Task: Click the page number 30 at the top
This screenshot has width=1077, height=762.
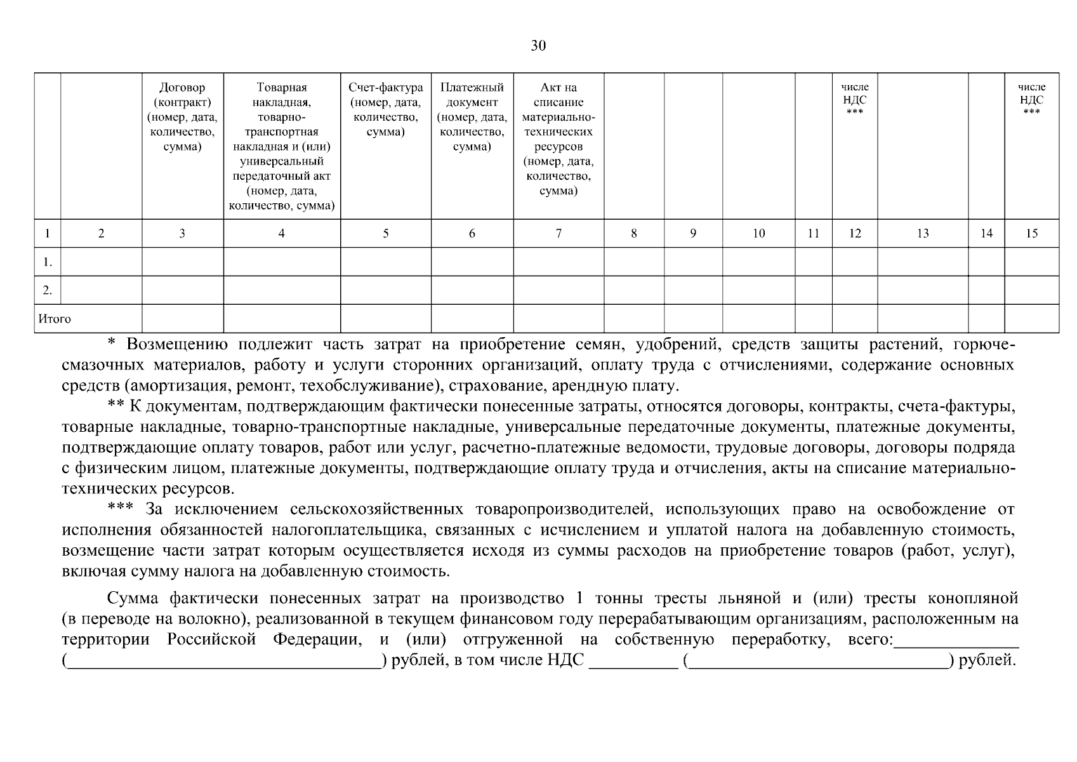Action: [x=538, y=46]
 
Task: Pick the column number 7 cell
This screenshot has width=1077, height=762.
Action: [x=558, y=234]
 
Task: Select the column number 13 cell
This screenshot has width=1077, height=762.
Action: [x=923, y=234]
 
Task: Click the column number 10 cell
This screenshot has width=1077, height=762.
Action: [x=758, y=234]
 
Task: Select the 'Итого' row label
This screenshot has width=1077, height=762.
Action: [x=55, y=319]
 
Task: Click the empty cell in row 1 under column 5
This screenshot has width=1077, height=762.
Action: [x=385, y=262]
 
